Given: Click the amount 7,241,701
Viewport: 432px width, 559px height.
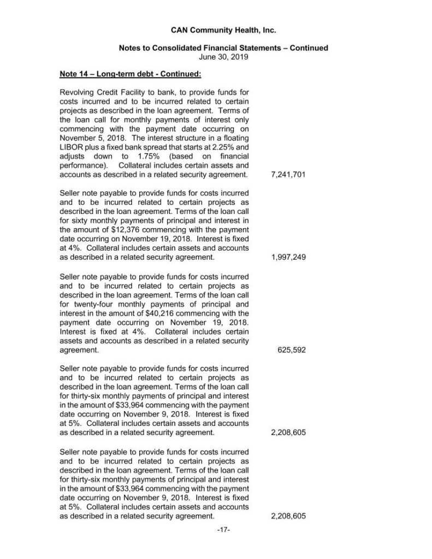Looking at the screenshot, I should (287, 175).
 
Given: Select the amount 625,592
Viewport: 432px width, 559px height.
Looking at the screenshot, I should (292, 350).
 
